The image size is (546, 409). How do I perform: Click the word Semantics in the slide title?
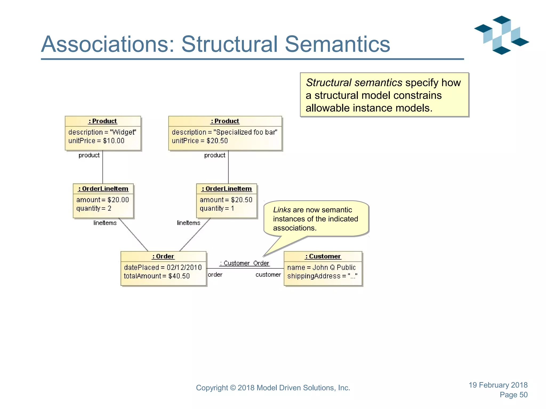[x=337, y=44]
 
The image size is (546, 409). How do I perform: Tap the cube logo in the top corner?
[x=501, y=35]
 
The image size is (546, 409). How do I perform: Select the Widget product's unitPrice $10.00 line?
[x=96, y=141]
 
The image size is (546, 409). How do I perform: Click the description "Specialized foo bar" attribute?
[x=224, y=132]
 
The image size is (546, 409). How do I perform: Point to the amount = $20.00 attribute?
[x=102, y=200]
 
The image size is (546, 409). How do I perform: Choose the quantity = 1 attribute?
[x=217, y=208]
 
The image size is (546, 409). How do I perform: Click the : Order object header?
[x=163, y=256]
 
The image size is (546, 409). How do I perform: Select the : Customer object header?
[x=323, y=256]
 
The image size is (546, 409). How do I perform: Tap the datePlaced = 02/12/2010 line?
[x=163, y=267]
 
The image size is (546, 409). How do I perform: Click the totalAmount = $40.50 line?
[x=157, y=276]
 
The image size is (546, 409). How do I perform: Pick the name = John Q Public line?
[x=321, y=267]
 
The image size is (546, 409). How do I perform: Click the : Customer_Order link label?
[x=244, y=263]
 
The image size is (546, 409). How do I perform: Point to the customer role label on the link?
[x=268, y=275]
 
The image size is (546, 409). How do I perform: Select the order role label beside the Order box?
[x=215, y=275]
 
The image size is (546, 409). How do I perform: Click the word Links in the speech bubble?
[x=282, y=210]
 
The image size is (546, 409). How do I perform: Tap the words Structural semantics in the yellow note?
[x=354, y=83]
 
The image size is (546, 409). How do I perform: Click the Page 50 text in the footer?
[x=513, y=395]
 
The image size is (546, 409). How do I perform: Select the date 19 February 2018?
[x=498, y=385]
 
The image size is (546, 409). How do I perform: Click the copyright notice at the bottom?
[x=273, y=388]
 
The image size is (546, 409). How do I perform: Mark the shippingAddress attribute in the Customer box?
[x=322, y=276]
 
